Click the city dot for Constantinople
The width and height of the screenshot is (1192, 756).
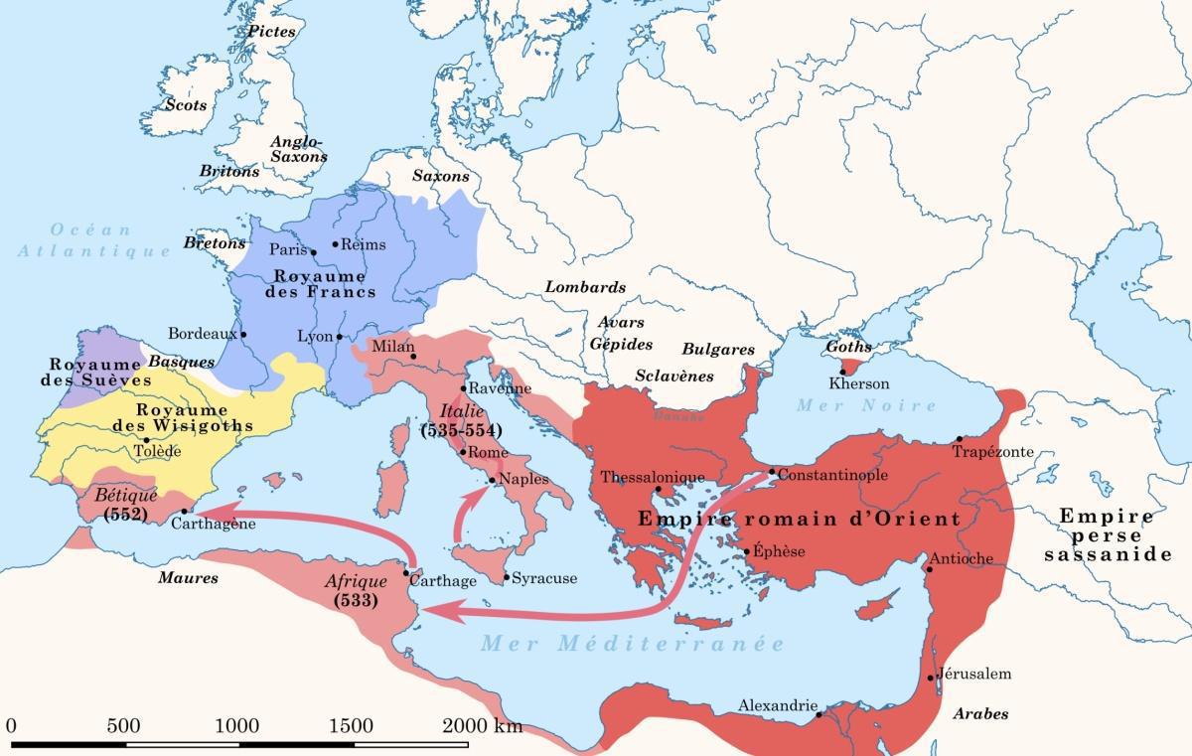tap(771, 471)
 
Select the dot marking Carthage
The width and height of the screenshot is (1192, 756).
tap(408, 572)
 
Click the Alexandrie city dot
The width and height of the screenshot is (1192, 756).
tap(819, 713)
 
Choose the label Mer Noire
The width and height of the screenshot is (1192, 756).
tap(866, 405)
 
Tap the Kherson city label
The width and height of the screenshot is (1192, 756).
tap(858, 383)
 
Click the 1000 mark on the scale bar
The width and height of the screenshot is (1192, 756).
tap(236, 725)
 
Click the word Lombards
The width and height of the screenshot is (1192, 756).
tap(585, 287)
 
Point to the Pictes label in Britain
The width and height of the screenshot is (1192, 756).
tap(272, 32)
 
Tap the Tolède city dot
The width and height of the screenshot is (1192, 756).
tap(146, 440)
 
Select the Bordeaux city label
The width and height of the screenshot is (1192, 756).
tap(203, 334)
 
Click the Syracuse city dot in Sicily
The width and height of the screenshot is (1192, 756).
tap(506, 576)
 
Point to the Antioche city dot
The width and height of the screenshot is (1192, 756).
tap(930, 569)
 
